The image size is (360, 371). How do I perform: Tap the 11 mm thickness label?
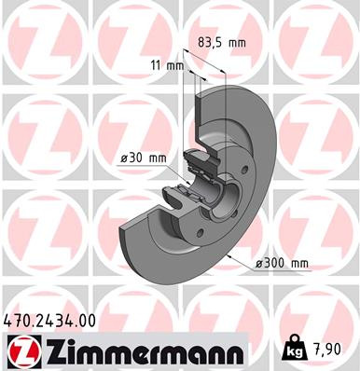169,65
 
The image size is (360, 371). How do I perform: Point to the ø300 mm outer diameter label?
283,264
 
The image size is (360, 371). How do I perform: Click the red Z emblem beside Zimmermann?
20,351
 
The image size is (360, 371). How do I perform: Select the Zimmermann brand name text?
139,351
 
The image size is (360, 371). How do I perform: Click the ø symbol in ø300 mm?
260,264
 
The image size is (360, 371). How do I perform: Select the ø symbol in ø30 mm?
123,158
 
